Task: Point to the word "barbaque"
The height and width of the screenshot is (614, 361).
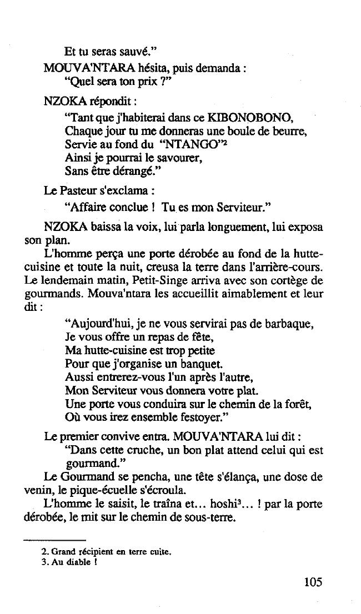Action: (290, 324)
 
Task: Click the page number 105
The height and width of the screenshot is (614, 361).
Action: (313, 582)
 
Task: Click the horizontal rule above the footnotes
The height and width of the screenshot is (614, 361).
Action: (54, 540)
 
